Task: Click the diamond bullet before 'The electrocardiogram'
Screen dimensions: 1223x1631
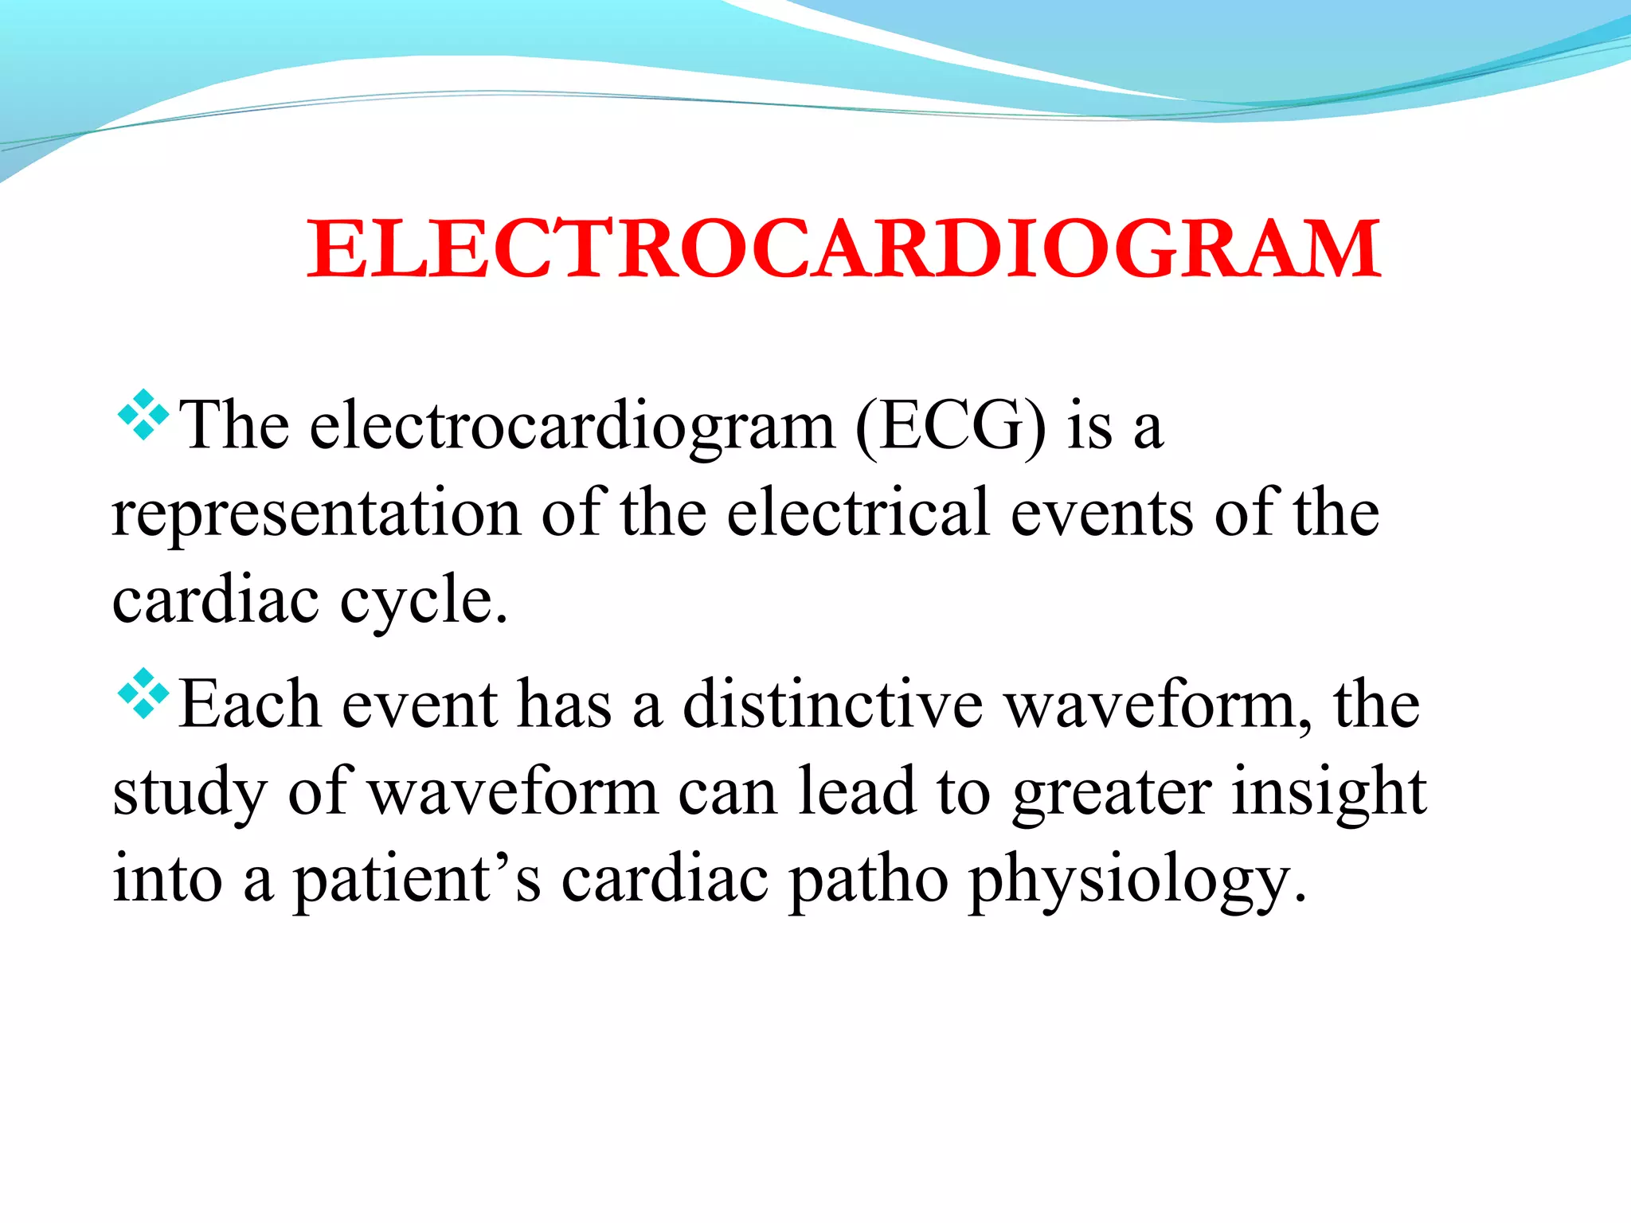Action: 143,415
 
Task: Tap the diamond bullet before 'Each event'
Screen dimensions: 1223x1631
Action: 143,694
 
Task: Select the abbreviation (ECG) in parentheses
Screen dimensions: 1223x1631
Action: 951,427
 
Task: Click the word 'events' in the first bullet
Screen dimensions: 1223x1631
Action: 1102,514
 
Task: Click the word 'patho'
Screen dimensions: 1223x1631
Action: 869,880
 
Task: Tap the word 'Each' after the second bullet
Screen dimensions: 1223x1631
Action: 249,705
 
